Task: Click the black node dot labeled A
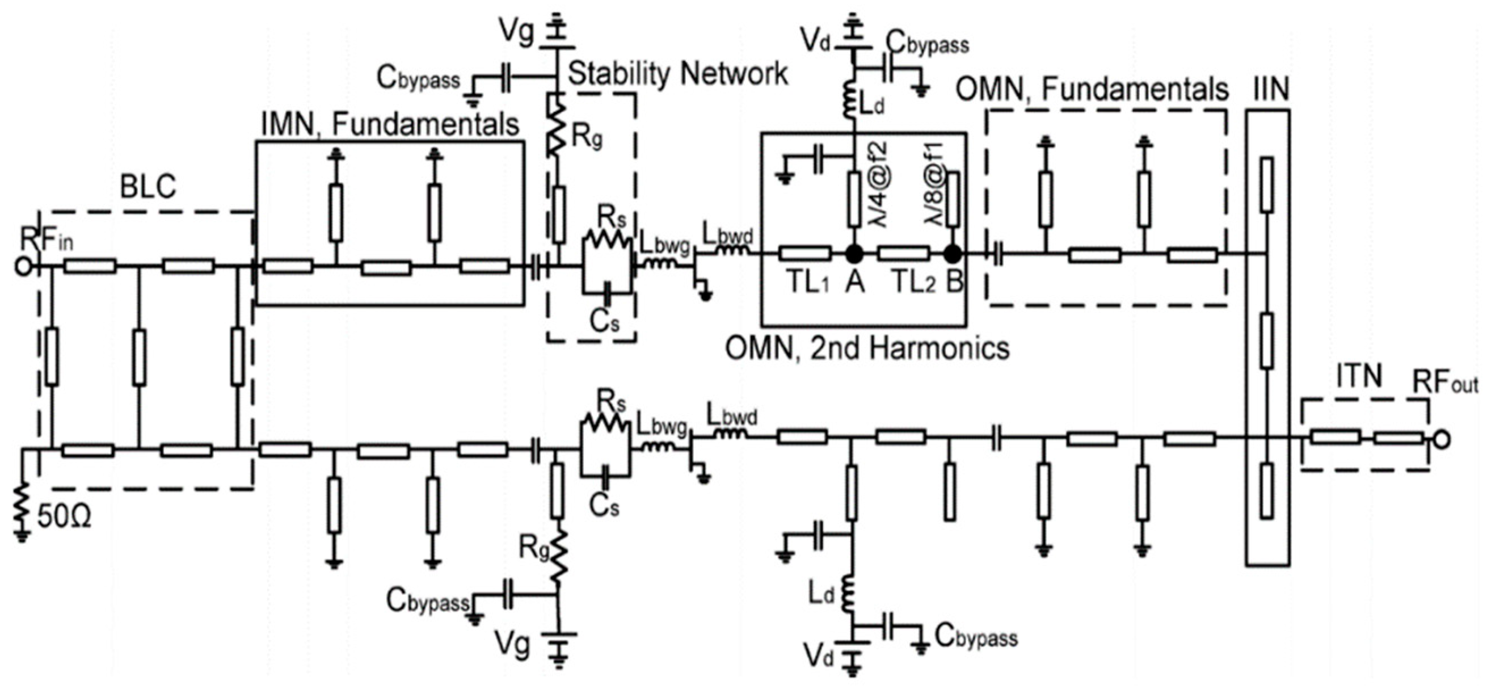click(x=854, y=254)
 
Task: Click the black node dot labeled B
click(x=953, y=254)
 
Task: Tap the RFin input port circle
click(x=23, y=267)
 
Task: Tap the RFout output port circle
click(x=1442, y=440)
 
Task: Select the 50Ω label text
click(x=64, y=518)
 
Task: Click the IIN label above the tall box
click(x=1271, y=90)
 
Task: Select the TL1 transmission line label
click(x=808, y=283)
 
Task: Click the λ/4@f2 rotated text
click(x=879, y=186)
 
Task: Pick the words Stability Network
click(x=677, y=74)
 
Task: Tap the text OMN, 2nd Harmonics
click(x=866, y=349)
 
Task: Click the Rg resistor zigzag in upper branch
click(x=558, y=132)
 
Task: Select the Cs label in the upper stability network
click(x=604, y=321)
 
